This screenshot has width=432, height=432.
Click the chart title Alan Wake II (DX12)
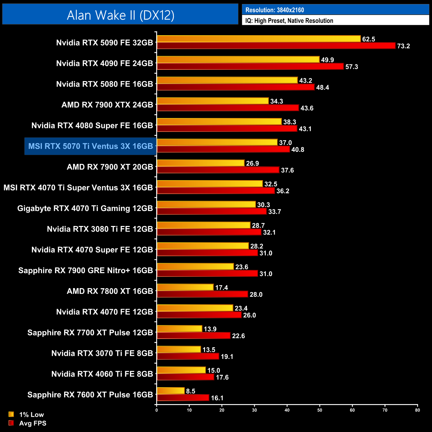pos(120,15)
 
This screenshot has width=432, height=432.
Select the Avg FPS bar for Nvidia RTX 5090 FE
pos(276,46)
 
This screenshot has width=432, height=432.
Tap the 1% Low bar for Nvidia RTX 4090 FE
pos(238,59)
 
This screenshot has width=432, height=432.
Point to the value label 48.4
pos(322,87)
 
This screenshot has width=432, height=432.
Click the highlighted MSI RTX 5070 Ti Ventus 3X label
pos(90,146)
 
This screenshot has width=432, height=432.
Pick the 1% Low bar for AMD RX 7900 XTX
pos(213,101)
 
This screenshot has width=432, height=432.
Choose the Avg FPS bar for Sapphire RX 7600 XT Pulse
pos(183,398)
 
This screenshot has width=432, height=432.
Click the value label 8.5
pos(191,391)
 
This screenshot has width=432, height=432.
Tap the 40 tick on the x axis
pos(287,410)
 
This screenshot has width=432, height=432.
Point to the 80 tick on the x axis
pos(417,410)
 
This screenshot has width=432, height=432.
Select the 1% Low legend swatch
pos(11,414)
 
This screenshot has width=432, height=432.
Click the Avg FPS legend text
pos(33,423)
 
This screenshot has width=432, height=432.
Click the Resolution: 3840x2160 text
pos(274,10)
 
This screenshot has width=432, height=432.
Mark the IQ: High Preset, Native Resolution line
pos(289,21)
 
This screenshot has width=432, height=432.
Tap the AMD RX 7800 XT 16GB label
pos(110,291)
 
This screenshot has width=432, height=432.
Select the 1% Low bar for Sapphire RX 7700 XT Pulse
pos(179,329)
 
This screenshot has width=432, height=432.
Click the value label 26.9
pos(253,163)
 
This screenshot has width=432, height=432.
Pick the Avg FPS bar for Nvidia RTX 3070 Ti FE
pos(188,356)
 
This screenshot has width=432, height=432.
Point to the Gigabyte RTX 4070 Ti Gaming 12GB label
pos(85,208)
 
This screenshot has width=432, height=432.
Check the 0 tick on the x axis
pos(157,410)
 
